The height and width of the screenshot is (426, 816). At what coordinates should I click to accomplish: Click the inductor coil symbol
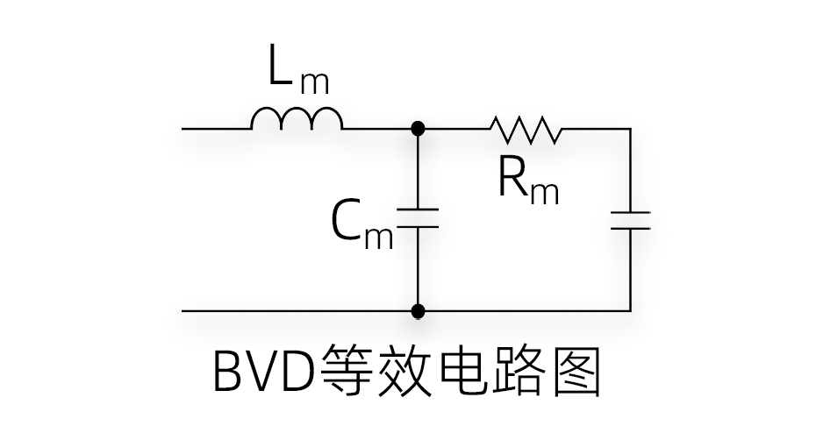[297, 119]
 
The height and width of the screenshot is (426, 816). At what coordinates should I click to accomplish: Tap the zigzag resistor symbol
[526, 129]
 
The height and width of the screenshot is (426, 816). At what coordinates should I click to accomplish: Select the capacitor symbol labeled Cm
[419, 217]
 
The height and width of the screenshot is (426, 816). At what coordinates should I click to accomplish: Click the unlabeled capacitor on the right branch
[630, 219]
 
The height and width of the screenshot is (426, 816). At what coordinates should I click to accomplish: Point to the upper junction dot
[419, 129]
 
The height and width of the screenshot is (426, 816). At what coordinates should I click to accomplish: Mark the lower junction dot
[419, 310]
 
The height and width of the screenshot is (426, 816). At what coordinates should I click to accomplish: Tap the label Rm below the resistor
[527, 181]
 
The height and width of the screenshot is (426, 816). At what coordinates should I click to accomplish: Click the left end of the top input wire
[184, 129]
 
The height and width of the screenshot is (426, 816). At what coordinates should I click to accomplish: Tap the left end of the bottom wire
[184, 310]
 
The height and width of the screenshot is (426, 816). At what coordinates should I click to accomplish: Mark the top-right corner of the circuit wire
[630, 129]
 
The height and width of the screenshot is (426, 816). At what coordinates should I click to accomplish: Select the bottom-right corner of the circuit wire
[630, 310]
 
